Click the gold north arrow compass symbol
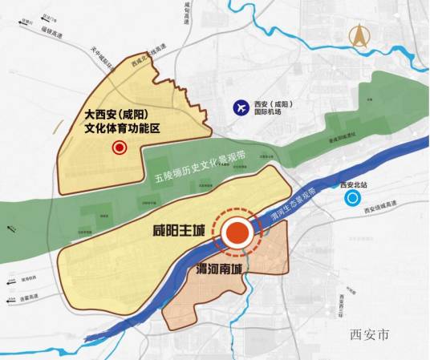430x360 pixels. [357, 36]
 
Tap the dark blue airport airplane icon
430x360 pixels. [238, 107]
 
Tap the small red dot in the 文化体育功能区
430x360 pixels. [120, 148]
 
